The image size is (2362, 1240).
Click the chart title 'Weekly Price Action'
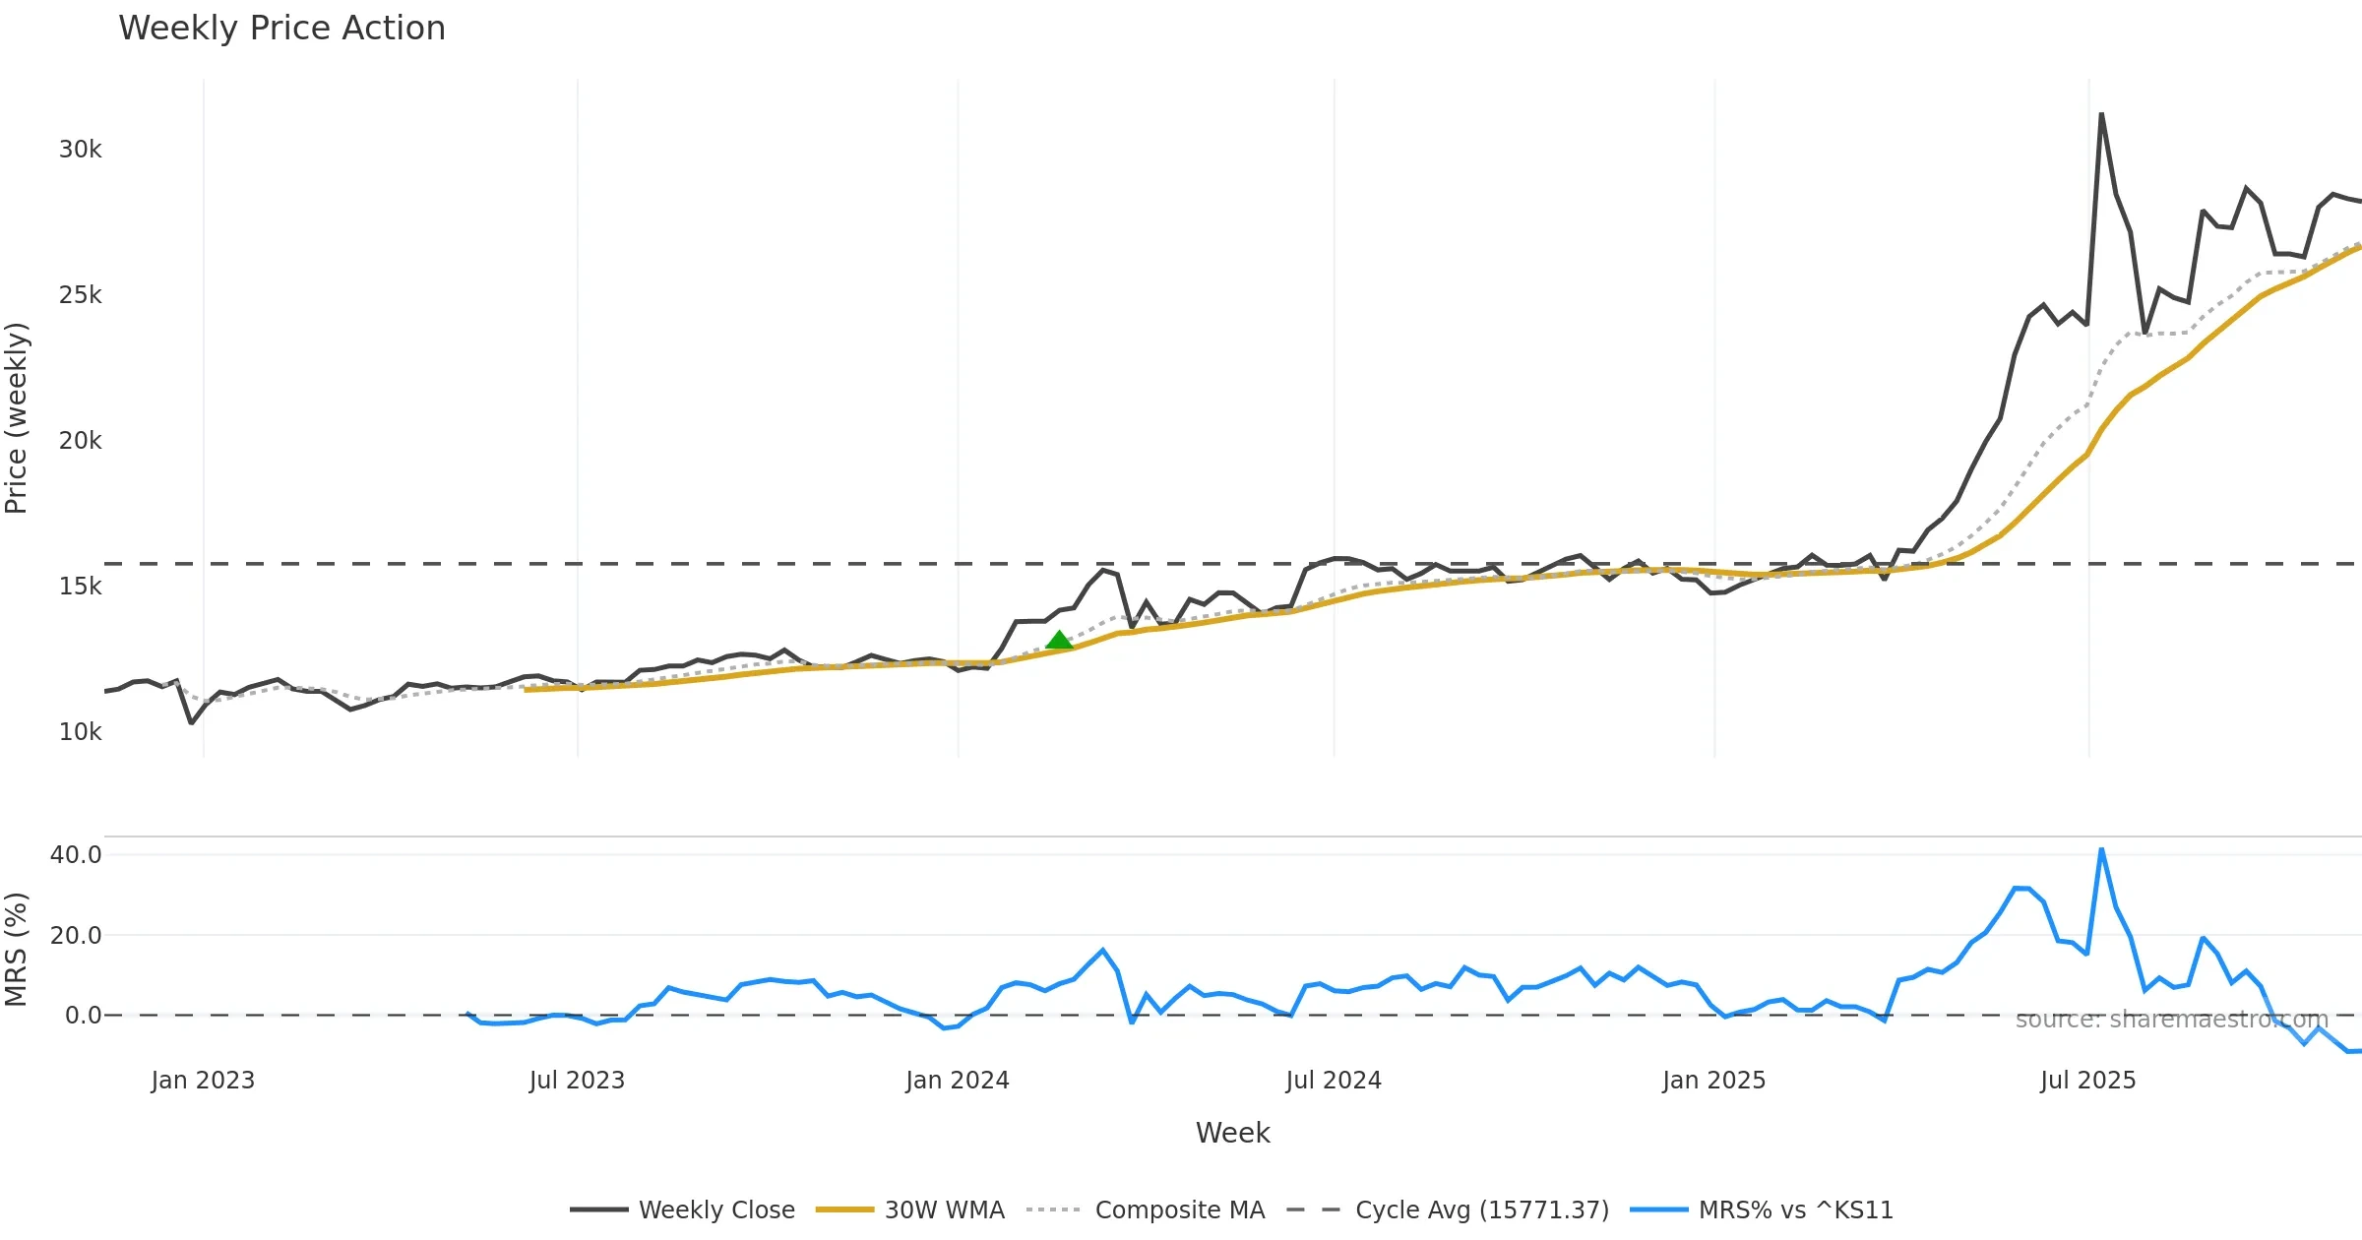(x=281, y=29)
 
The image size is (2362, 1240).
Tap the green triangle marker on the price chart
(x=1059, y=641)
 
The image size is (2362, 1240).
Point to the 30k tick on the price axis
(x=80, y=150)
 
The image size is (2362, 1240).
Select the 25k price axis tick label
(x=80, y=295)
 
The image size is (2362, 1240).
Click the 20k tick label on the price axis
(x=80, y=441)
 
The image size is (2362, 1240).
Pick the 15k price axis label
(x=80, y=587)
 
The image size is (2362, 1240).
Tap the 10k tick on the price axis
(x=80, y=732)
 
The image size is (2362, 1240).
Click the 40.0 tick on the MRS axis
(x=76, y=855)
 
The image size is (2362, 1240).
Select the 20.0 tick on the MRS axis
(x=76, y=936)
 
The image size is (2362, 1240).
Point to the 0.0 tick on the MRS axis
(x=83, y=1016)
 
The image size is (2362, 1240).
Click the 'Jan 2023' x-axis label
(x=203, y=1081)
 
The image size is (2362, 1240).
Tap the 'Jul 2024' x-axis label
(x=1334, y=1081)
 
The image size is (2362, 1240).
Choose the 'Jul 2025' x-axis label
(x=2087, y=1081)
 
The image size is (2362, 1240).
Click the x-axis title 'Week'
(x=1232, y=1133)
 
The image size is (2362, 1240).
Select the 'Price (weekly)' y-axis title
(x=17, y=418)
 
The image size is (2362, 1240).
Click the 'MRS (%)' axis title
(x=17, y=950)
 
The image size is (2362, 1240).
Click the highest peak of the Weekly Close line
(x=2101, y=114)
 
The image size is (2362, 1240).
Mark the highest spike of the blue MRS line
(x=2101, y=849)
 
